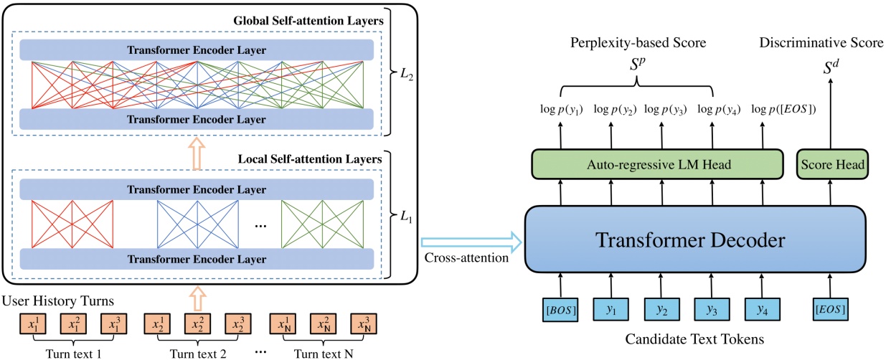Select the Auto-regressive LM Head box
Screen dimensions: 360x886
(656, 165)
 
